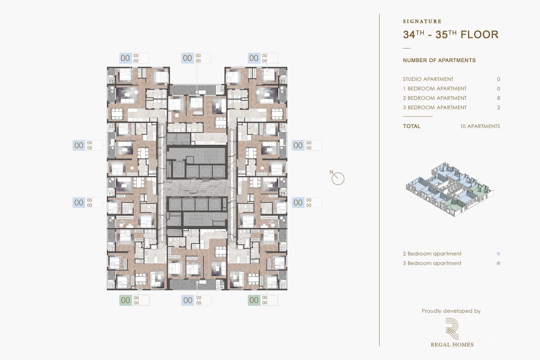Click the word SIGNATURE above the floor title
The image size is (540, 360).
pos(422,21)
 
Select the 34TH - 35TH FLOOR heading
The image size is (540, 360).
pos(450,34)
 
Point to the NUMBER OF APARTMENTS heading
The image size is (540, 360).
pos(439,60)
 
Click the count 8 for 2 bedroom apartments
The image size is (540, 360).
pos(498,98)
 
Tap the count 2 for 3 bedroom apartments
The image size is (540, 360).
pos(498,107)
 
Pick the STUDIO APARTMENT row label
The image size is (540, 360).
pos(428,79)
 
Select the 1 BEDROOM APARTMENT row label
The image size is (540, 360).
pos(434,88)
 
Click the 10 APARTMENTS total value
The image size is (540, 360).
pos(480,126)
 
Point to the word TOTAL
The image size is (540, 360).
pos(411,126)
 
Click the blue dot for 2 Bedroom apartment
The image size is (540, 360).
pos(498,254)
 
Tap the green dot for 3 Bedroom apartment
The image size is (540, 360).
pos(498,263)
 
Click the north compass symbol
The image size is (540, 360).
pos(337,178)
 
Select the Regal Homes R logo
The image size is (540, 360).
pos(452,329)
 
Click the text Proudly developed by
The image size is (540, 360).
pos(451,311)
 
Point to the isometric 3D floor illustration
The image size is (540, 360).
pos(449,189)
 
